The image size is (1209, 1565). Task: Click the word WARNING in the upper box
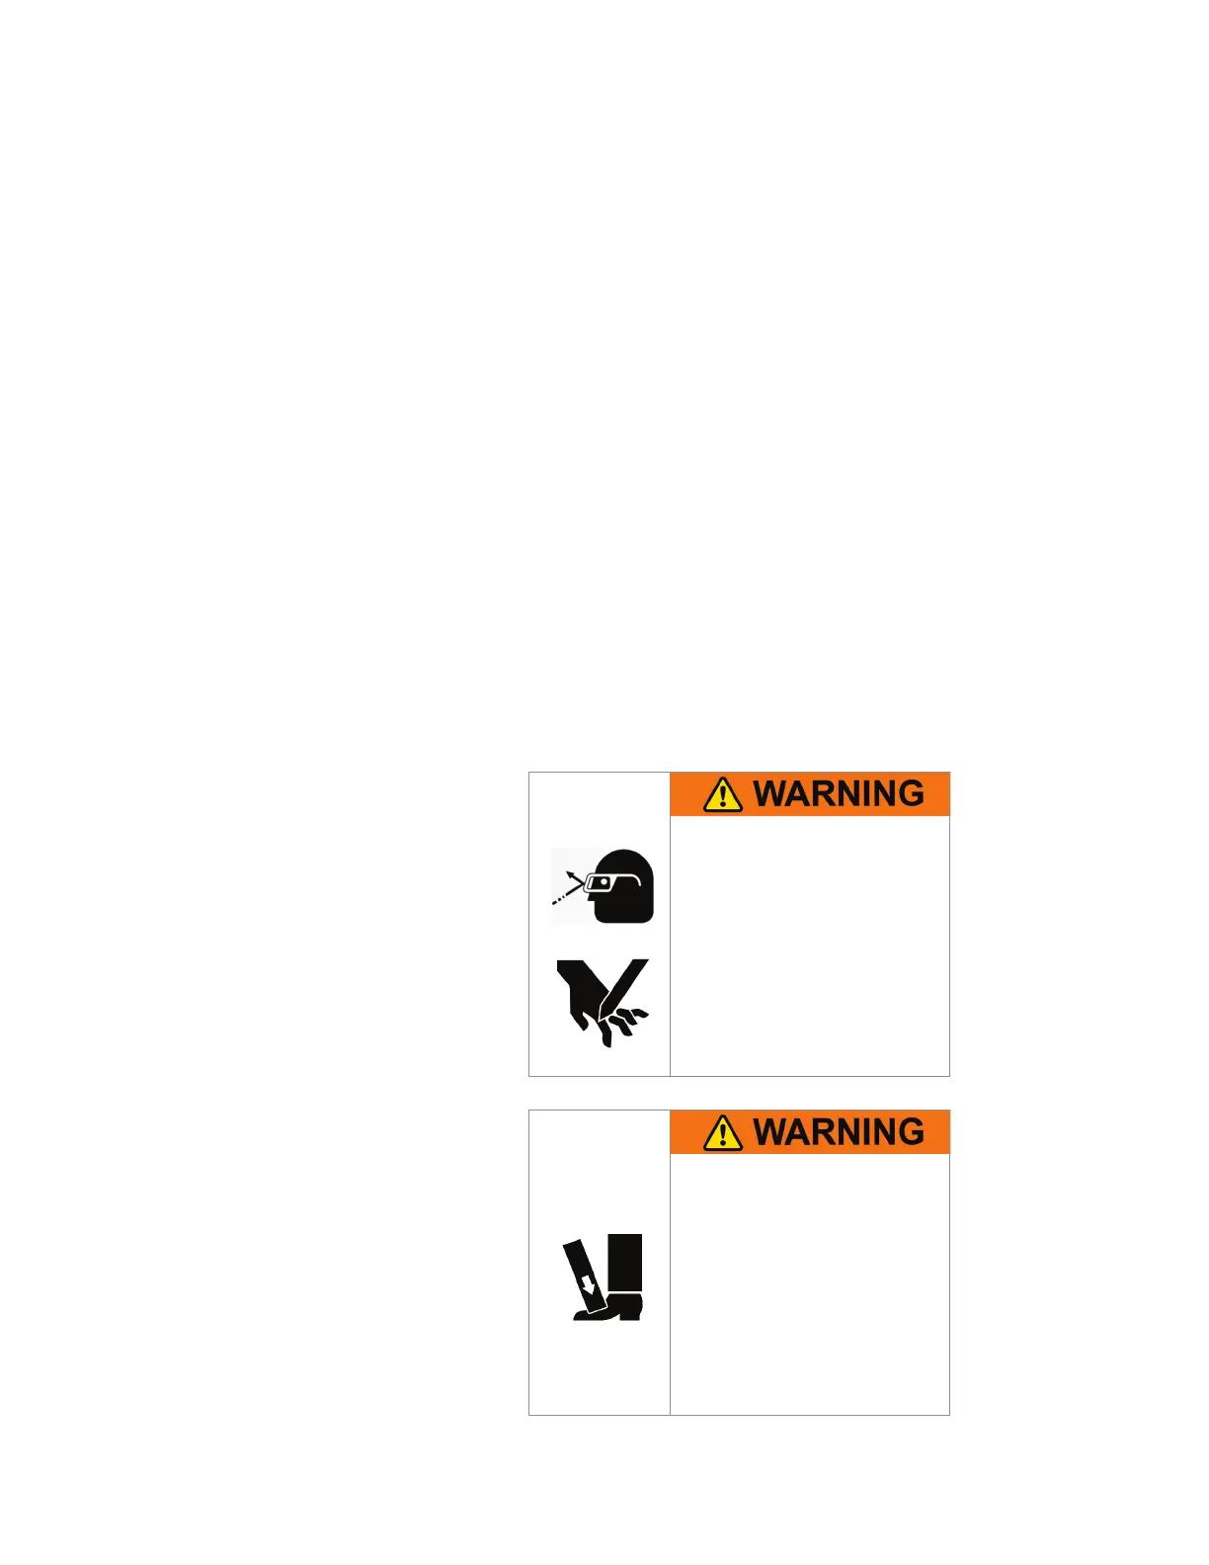click(839, 794)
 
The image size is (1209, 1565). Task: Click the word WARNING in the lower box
click(839, 1132)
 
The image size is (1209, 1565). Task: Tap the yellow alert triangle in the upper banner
click(723, 794)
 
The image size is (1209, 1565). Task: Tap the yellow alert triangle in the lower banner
click(723, 1132)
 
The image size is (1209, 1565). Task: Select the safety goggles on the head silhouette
click(605, 883)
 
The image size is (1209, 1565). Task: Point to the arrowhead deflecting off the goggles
click(571, 874)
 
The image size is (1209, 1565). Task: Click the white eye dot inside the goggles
click(604, 881)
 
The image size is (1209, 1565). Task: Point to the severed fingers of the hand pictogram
click(624, 1023)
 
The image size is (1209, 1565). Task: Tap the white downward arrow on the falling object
click(590, 1285)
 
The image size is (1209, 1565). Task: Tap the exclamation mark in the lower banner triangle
click(723, 1134)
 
